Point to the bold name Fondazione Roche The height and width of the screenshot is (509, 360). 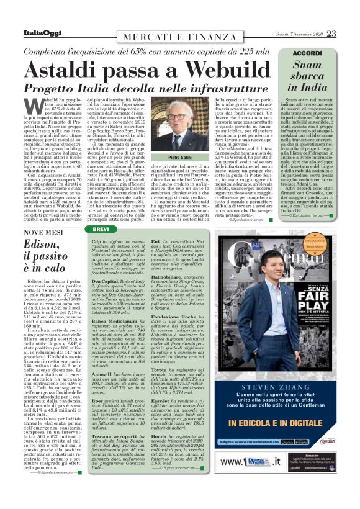coord(178,317)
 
